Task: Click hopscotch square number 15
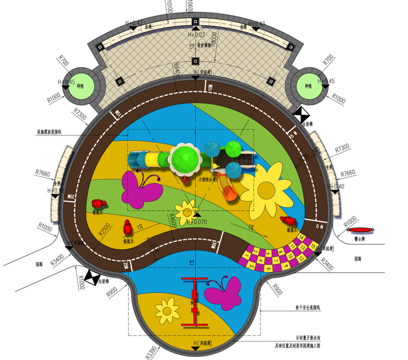pos(312,246)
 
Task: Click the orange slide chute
pos(229,189)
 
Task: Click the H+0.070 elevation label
pos(193,221)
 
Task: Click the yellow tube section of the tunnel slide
pos(159,159)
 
